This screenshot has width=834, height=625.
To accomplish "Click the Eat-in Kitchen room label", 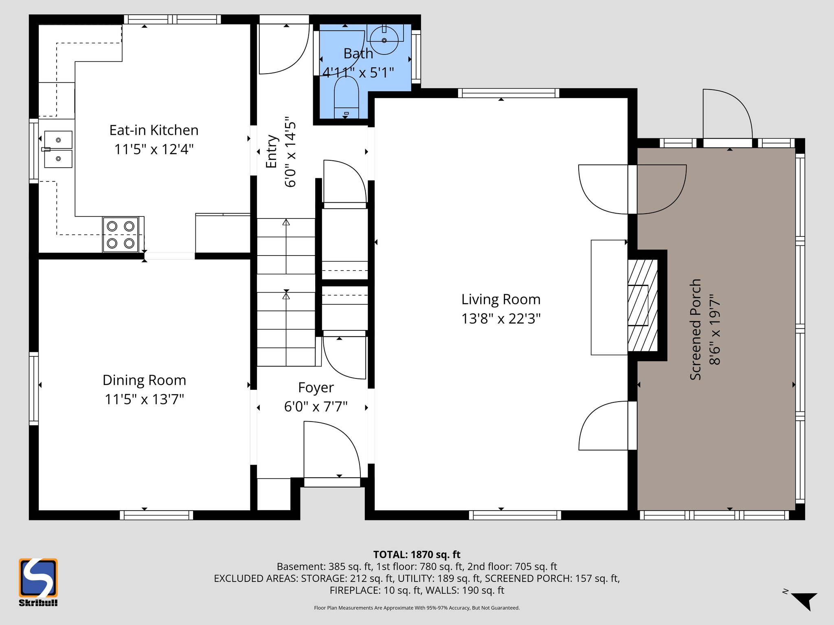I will (x=154, y=130).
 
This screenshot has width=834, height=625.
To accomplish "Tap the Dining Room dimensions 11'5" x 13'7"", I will (x=145, y=399).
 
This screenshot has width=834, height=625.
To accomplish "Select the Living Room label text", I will (x=500, y=299).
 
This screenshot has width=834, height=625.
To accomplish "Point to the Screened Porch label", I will (x=695, y=330).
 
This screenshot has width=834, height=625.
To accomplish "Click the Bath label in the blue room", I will (x=358, y=54).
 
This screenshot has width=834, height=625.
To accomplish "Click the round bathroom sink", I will (x=384, y=40).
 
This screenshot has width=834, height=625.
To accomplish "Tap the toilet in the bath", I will (x=346, y=98).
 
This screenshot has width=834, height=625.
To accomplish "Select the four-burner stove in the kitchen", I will (x=121, y=235).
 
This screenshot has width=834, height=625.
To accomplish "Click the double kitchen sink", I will (x=58, y=149).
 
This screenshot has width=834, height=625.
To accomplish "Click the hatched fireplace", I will (x=642, y=305).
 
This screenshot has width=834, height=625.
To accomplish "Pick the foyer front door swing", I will (x=332, y=450).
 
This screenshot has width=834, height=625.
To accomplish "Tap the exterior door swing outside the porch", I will (x=727, y=114).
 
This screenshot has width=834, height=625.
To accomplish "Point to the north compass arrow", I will (x=804, y=601).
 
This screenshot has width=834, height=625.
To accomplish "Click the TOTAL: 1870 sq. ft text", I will (x=417, y=555).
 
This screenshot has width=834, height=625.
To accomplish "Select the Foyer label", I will (x=316, y=388).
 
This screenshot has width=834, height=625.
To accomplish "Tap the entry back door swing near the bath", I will (x=284, y=49).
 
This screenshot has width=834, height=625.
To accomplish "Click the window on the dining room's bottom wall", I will (x=157, y=515).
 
